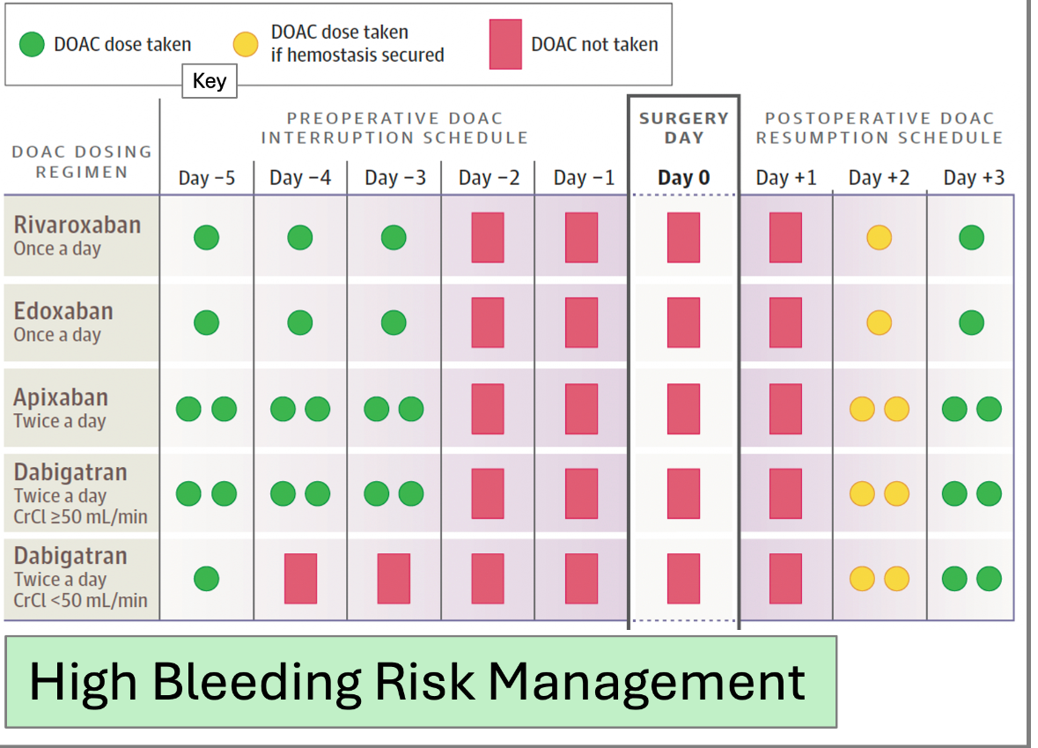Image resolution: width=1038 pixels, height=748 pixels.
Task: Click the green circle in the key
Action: (x=32, y=44)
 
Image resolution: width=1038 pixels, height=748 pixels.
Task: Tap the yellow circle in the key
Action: (x=246, y=44)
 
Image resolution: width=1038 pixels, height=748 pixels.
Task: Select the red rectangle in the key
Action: (x=505, y=44)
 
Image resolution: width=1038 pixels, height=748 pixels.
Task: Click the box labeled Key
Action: (x=210, y=81)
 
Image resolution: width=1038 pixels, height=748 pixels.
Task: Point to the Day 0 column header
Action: (x=684, y=178)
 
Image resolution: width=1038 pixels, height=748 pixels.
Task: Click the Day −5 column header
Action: (x=207, y=178)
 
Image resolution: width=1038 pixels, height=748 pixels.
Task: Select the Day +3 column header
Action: (x=974, y=178)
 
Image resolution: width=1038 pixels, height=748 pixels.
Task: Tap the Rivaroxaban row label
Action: (x=77, y=225)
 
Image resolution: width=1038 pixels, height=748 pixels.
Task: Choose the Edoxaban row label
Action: (x=63, y=311)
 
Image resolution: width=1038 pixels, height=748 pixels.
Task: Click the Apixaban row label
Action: (x=61, y=396)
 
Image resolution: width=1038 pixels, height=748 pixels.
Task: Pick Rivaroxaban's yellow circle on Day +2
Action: (x=880, y=237)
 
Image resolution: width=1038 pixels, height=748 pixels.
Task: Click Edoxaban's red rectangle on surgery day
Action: (x=684, y=322)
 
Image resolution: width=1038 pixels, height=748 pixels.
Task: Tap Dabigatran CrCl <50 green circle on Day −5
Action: (x=207, y=578)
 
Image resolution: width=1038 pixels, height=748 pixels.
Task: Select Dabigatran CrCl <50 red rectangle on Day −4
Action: (x=300, y=578)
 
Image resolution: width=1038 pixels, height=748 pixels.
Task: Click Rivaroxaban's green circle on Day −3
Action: (x=394, y=237)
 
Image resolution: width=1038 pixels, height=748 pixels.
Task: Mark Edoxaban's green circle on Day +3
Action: (x=972, y=322)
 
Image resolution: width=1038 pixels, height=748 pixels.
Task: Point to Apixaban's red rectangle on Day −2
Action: (x=488, y=409)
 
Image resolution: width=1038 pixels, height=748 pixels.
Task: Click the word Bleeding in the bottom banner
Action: (x=257, y=683)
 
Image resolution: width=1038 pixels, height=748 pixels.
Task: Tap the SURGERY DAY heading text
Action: (x=684, y=128)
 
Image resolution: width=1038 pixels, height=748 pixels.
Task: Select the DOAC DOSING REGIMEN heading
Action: (x=82, y=161)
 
